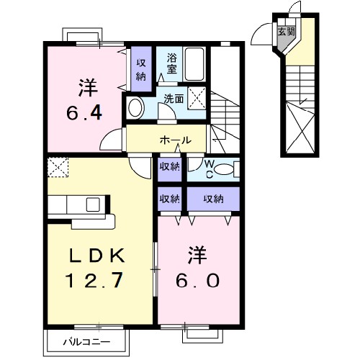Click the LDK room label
pos(98,255)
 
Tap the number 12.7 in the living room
pos(98,279)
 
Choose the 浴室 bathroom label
pos(173,64)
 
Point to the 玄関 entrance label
pos(286,32)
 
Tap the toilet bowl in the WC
pos(225,170)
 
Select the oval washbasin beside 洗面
pos(135,109)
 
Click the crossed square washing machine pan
pos(197,98)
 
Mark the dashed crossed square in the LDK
pos(57,167)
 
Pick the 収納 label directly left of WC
pos(169,169)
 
